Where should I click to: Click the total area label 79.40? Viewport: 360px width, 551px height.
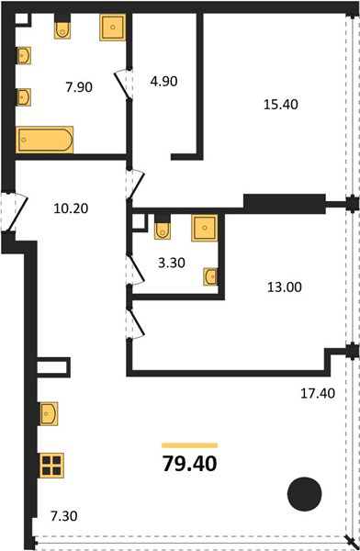(x=189, y=464)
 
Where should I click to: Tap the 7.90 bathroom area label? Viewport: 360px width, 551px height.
(x=79, y=87)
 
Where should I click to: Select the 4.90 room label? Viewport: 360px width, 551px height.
(x=163, y=81)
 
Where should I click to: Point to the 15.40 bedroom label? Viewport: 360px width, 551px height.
(x=280, y=105)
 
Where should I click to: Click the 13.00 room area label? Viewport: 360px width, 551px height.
(x=285, y=287)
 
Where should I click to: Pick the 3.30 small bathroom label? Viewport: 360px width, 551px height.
(x=172, y=263)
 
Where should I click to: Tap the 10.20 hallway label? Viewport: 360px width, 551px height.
(x=71, y=208)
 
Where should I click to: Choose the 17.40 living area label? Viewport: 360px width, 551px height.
(x=318, y=393)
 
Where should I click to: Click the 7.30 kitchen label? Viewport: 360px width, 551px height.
(x=64, y=516)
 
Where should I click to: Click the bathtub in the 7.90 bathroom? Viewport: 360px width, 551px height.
(x=45, y=140)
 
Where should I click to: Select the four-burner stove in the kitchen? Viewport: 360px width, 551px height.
(x=51, y=466)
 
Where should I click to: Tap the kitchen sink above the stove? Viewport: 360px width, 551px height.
(x=49, y=413)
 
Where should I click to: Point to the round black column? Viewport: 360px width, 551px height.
(x=305, y=494)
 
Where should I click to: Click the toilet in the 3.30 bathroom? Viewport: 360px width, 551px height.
(x=163, y=228)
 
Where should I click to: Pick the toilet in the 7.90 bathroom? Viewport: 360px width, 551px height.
(x=62, y=27)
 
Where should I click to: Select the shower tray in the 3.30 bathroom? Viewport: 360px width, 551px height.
(x=204, y=228)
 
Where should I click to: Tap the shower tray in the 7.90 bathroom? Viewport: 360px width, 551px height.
(x=112, y=28)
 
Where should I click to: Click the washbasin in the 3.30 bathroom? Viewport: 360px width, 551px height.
(x=211, y=276)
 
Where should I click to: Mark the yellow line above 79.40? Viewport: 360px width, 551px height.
(x=189, y=445)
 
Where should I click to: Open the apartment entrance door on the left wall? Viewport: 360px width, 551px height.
(x=14, y=212)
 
